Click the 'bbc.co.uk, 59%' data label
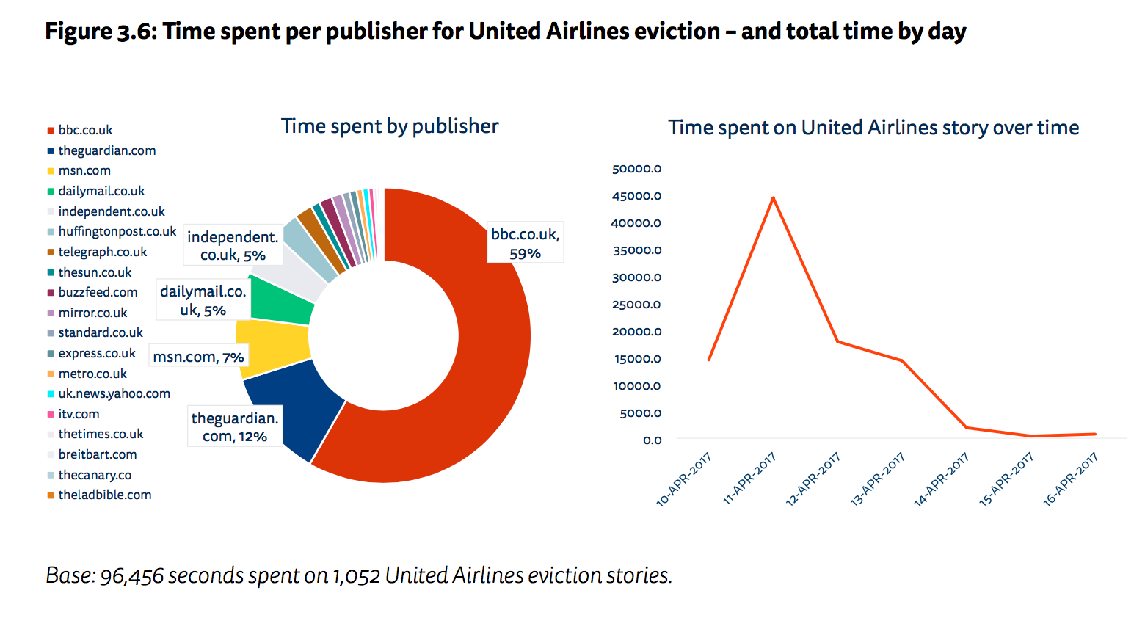pos(525,243)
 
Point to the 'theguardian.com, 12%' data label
pos(234,427)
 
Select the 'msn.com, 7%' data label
pos(198,357)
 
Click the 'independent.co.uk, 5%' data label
pos(233,246)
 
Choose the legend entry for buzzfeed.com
pos(98,292)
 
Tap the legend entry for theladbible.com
pos(104,495)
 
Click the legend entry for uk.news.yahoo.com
pos(114,393)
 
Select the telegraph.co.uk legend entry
pos(102,252)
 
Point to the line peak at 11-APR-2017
pos(773,198)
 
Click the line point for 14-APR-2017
pos(967,427)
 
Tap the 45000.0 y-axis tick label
pos(636,196)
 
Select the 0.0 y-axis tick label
pos(652,440)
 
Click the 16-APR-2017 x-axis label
pos(1071,479)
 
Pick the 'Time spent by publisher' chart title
pos(390,126)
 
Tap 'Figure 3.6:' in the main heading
pos(101,32)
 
